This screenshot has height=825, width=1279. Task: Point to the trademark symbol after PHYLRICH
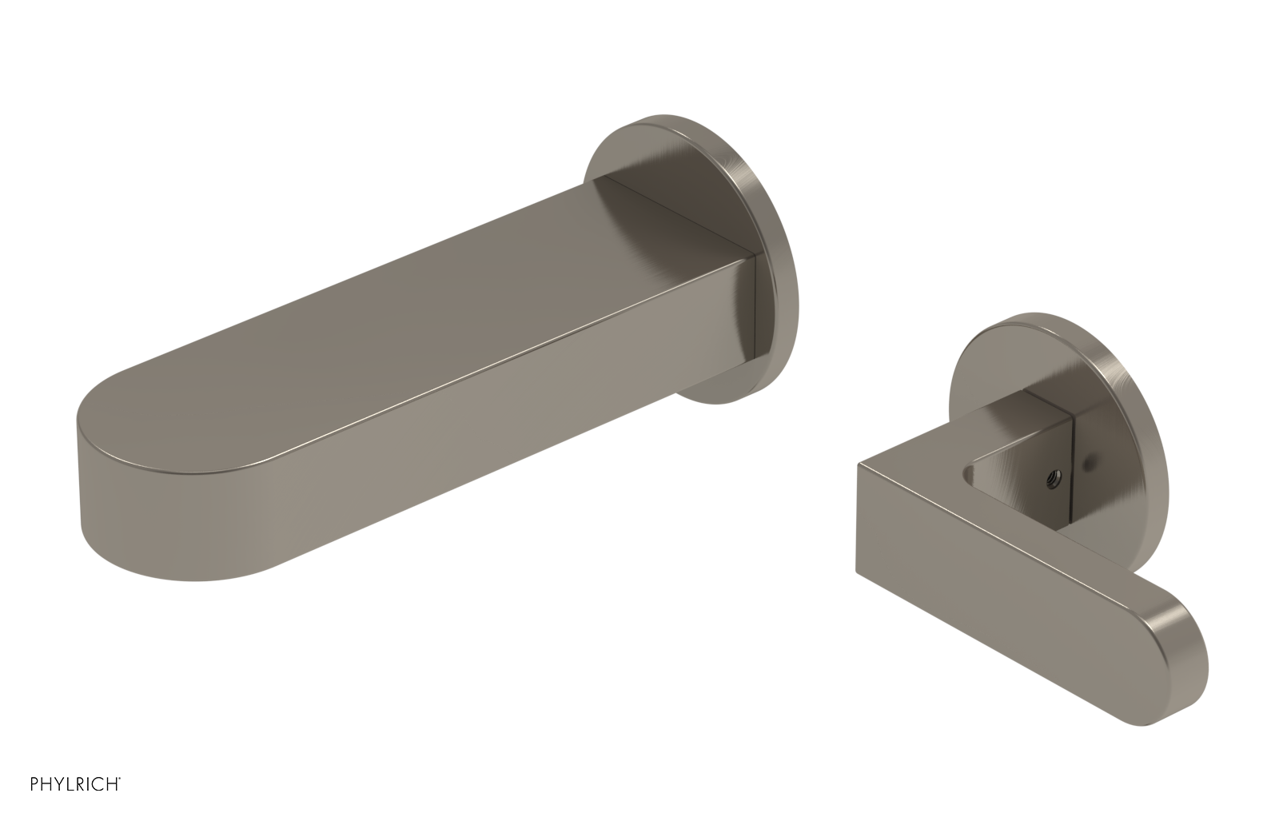121,800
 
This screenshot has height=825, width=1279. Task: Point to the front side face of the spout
480,440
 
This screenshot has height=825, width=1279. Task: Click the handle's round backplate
1119,376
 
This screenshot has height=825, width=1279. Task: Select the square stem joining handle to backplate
1063,432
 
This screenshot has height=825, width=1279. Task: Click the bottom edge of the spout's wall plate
723,400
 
